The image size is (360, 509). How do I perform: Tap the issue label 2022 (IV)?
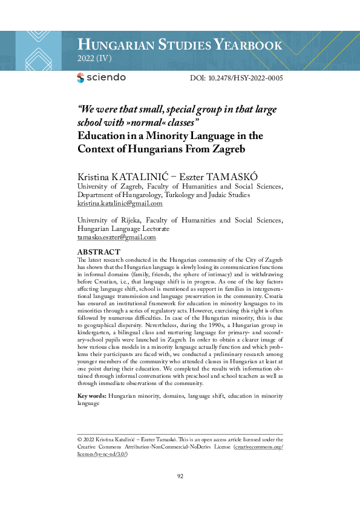point(95,59)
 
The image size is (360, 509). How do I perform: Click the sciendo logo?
point(102,77)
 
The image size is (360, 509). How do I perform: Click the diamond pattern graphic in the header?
point(39,50)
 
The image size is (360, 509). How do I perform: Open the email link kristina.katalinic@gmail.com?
point(120,204)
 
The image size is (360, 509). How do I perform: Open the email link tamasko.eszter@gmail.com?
point(117,238)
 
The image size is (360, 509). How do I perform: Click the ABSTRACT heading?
point(99,252)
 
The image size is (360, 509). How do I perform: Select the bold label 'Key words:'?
point(93,395)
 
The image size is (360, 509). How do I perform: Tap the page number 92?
point(180,476)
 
